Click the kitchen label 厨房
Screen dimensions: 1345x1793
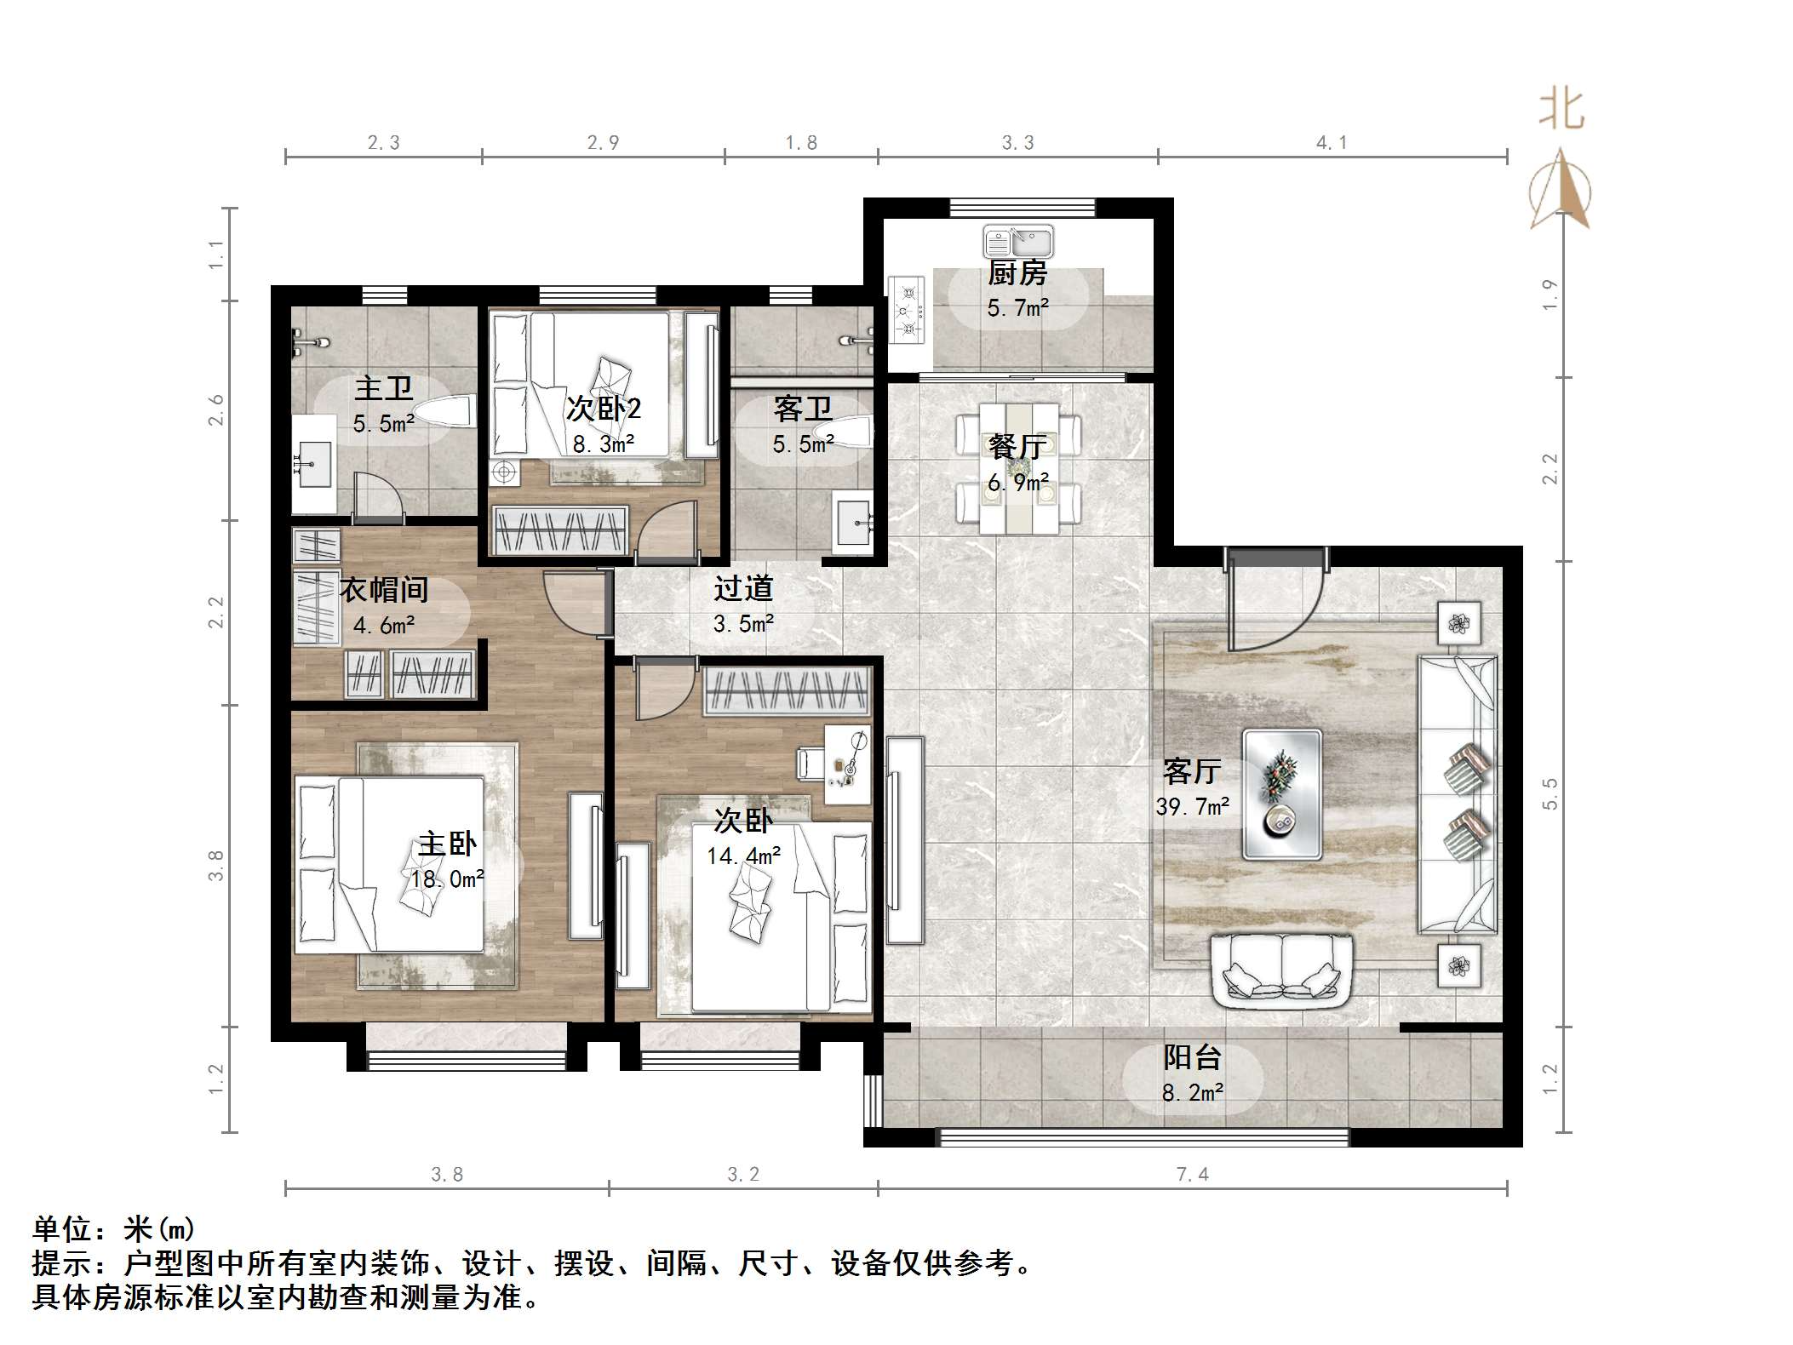(1017, 274)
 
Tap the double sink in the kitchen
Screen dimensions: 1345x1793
(1018, 242)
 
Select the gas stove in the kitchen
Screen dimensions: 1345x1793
(908, 311)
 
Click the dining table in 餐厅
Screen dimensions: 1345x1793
(1018, 468)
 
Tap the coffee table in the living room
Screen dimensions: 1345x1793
(1281, 793)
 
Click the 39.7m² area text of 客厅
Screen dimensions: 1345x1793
(1192, 806)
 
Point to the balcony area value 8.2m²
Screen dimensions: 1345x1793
(1192, 1093)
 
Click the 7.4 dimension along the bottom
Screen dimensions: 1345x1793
(1192, 1175)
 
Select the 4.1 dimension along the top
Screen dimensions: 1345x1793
(1332, 143)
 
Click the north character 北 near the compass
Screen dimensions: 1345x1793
(1561, 111)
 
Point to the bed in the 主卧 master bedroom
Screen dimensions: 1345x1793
(390, 864)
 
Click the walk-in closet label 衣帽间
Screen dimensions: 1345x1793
(384, 589)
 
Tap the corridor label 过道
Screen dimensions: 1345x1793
(742, 588)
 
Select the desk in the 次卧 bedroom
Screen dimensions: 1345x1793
(847, 764)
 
